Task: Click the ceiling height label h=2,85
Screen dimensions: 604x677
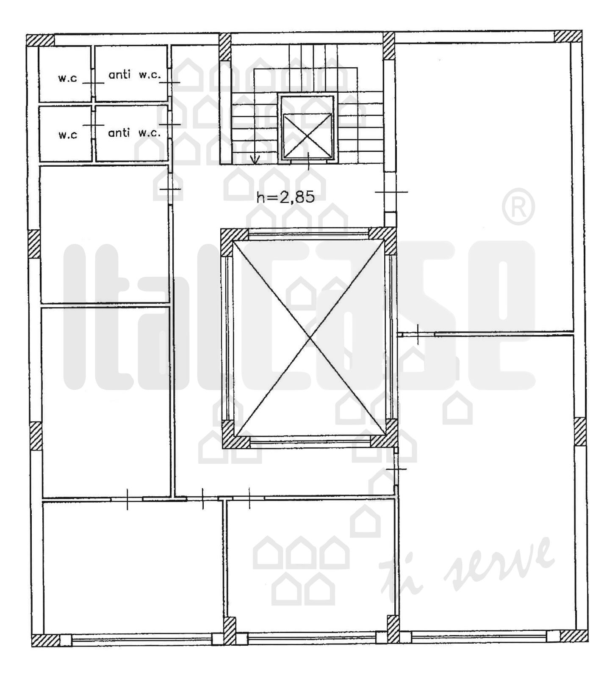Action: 286,197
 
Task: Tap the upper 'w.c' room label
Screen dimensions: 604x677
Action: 68,78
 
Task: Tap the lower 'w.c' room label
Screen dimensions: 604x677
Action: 68,135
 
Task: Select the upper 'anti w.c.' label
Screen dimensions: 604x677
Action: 135,75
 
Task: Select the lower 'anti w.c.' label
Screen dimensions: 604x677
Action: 135,132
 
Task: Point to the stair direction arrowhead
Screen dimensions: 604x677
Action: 255,160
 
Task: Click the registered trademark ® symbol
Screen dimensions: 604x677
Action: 518,207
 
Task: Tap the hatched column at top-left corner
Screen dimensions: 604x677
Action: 41,40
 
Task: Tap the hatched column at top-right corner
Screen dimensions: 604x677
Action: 568,36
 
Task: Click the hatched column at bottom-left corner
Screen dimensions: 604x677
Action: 46,640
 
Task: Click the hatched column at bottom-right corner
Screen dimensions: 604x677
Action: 574,636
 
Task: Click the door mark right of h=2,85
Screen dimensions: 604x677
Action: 391,192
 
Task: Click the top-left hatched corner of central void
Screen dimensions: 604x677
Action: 234,242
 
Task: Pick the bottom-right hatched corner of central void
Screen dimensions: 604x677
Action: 385,433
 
